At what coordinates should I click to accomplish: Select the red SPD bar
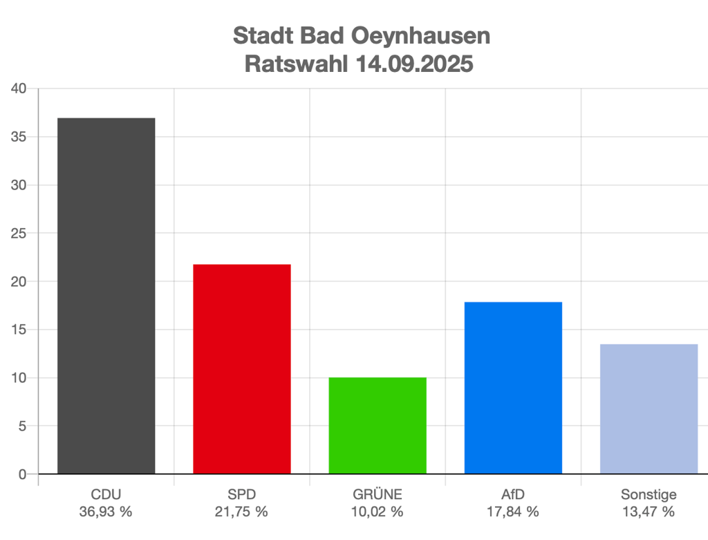click(x=241, y=369)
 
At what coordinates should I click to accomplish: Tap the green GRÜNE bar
click(x=378, y=425)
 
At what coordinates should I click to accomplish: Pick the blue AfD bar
click(x=513, y=388)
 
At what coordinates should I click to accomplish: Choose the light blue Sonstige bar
click(x=649, y=409)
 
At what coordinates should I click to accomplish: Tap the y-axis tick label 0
click(x=22, y=474)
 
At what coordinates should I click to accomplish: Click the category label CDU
click(x=106, y=495)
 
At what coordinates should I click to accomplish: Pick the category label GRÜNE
click(x=378, y=495)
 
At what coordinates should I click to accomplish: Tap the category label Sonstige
click(x=649, y=495)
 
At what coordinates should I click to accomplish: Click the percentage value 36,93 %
click(x=106, y=512)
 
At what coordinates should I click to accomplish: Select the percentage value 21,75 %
click(x=241, y=512)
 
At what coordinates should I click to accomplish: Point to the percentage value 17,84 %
click(x=513, y=512)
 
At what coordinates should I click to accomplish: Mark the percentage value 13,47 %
click(x=649, y=512)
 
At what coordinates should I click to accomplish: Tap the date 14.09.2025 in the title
click(x=415, y=64)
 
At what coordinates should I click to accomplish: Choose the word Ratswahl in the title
click(x=297, y=64)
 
